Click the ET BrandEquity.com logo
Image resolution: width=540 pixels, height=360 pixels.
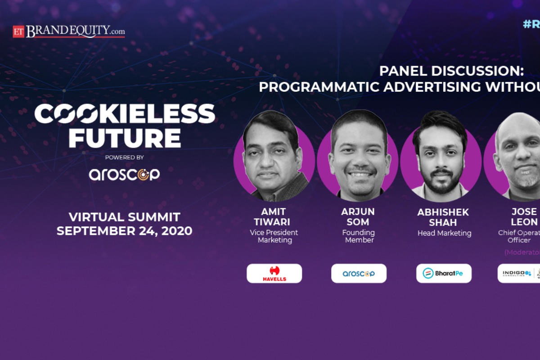(x=69, y=31)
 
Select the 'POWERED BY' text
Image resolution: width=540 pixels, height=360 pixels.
(x=124, y=157)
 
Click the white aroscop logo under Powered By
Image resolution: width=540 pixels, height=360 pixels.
(x=124, y=174)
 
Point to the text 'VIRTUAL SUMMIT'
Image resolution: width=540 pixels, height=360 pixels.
(x=125, y=217)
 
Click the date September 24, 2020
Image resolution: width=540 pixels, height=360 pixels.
(x=125, y=231)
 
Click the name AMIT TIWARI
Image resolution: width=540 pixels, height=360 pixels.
(x=274, y=216)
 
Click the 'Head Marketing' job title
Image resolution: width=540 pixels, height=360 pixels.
(x=444, y=233)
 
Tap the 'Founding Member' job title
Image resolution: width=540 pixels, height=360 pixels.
(x=359, y=236)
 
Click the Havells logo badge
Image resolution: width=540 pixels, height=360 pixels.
(x=274, y=273)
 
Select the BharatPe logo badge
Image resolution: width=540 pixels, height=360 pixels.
(x=444, y=273)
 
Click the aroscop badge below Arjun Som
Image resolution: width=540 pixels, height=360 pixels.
(x=359, y=273)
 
